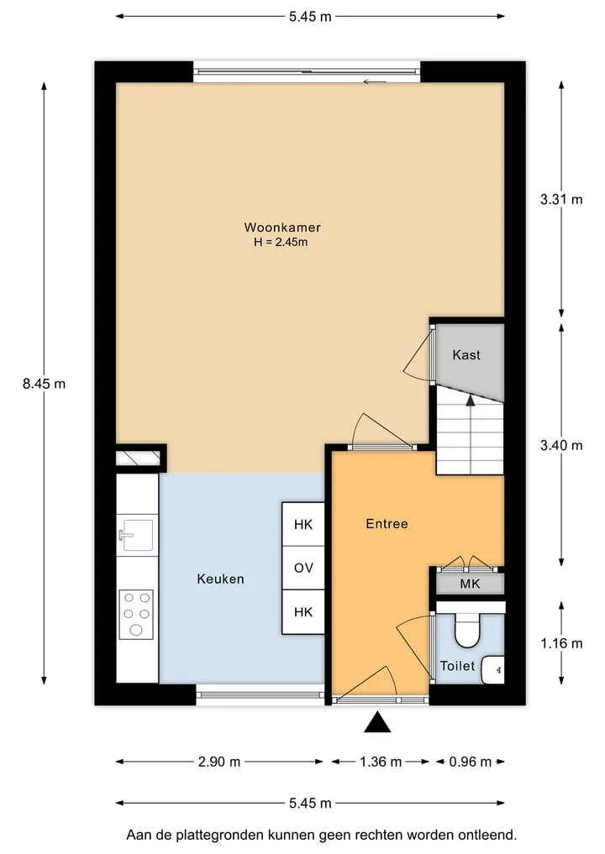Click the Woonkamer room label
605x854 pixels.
point(281,227)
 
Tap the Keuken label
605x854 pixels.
point(220,579)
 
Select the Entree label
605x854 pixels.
point(387,523)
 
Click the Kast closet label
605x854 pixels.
point(466,354)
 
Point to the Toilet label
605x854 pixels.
point(457,666)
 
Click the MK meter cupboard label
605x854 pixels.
point(470,584)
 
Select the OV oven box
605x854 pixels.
point(303,568)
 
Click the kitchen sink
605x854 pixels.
point(135,535)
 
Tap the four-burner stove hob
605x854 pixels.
point(136,615)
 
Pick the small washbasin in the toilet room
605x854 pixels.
point(493,669)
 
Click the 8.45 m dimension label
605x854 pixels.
point(45,384)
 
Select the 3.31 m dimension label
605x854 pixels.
point(561,199)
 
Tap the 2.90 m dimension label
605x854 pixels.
point(219,762)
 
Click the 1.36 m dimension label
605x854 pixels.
point(381,762)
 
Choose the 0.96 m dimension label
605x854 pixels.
point(470,762)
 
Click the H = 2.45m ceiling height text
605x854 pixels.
point(281,243)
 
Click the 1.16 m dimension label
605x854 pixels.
point(561,643)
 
